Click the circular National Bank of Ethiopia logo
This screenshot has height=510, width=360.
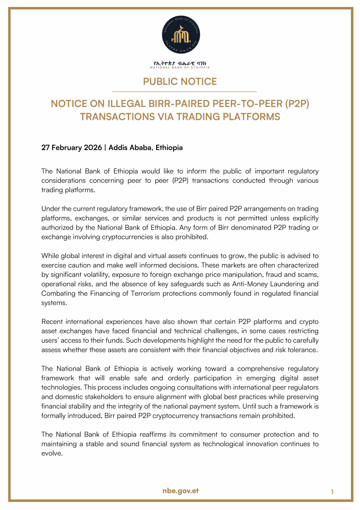[181, 35]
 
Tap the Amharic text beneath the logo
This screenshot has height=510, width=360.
[180, 63]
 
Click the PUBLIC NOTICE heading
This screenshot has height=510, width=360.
[180, 82]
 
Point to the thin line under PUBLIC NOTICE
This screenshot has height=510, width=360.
[184, 91]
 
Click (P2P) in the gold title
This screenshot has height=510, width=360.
[297, 104]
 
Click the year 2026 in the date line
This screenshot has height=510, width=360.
[93, 148]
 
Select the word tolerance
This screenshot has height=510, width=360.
[302, 350]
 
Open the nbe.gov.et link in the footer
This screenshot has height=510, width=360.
[180, 491]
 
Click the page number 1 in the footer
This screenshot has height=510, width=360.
[332, 492]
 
